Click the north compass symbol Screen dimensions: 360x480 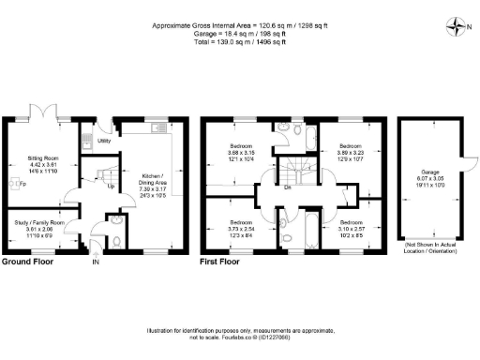tap(453, 25)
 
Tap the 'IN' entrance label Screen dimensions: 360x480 tap(95, 262)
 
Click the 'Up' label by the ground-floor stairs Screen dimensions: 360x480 tap(111, 187)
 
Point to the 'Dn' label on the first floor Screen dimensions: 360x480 tap(287, 187)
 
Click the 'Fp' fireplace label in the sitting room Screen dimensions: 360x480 tap(22, 184)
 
